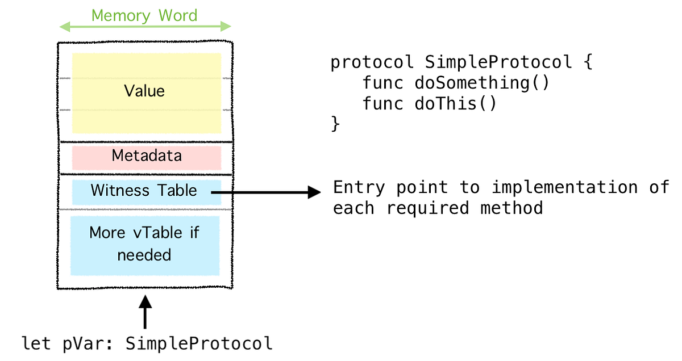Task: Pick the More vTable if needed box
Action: click(x=144, y=245)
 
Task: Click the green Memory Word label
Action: click(x=144, y=15)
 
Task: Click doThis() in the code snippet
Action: click(x=456, y=104)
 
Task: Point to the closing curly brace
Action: click(x=335, y=124)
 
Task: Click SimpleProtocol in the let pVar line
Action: click(x=199, y=344)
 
